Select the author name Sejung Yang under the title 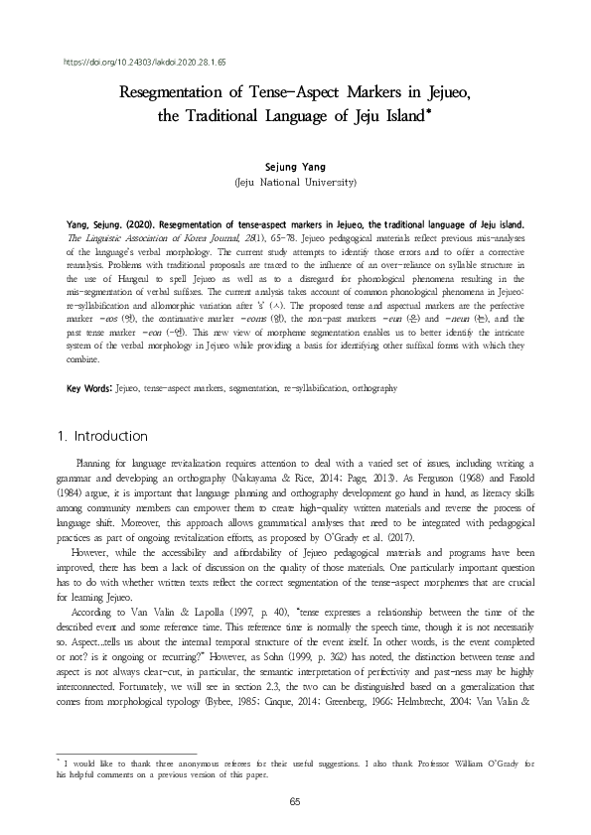click(294, 167)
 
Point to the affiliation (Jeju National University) click(294, 184)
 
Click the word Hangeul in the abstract click(157, 280)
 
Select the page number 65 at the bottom click(294, 800)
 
